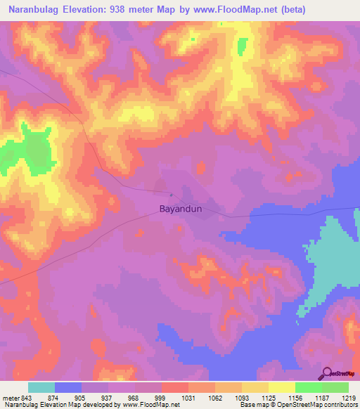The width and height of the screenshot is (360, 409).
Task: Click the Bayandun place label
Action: click(x=181, y=209)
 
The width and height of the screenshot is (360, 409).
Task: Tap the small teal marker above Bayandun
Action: click(x=171, y=195)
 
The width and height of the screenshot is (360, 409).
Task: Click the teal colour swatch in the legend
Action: click(x=41, y=387)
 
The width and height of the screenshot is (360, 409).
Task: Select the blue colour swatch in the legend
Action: click(x=67, y=387)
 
